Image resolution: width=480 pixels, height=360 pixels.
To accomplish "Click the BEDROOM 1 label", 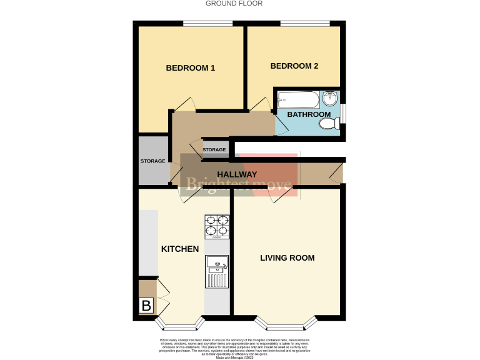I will click(x=190, y=68).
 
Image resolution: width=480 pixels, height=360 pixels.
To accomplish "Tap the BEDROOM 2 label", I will click(x=294, y=66).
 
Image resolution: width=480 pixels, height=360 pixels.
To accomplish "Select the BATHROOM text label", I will click(x=309, y=114).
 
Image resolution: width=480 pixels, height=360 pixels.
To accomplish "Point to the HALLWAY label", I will click(x=237, y=174).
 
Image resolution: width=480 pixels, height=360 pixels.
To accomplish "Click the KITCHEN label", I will click(x=180, y=249).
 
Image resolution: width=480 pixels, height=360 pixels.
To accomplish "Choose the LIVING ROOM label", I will click(x=287, y=257).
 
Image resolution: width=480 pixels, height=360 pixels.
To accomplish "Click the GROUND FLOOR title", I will click(x=234, y=4).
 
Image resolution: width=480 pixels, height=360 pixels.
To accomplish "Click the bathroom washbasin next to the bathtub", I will click(x=330, y=98).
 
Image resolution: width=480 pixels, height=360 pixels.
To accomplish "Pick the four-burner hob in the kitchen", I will click(x=216, y=227).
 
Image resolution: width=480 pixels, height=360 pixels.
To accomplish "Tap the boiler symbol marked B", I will click(x=146, y=306).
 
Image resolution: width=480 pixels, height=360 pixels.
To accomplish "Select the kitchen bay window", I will click(x=180, y=324).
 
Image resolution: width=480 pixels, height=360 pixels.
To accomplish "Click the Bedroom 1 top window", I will click(x=207, y=24).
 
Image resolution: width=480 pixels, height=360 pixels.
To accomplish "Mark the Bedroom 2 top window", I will click(x=304, y=24).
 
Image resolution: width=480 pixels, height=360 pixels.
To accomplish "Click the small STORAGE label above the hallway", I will click(x=214, y=150).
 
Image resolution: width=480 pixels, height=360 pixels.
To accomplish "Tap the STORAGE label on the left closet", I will click(x=152, y=161).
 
